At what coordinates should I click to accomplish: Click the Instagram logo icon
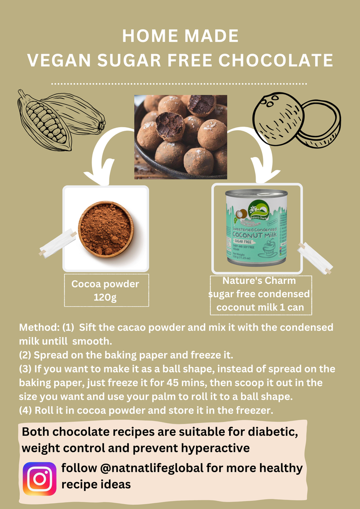(x=40, y=479)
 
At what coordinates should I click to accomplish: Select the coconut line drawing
(x=295, y=120)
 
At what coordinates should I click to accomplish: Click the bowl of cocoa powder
(x=106, y=229)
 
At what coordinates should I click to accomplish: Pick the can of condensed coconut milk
(x=256, y=227)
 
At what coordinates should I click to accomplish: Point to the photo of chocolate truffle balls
(x=180, y=137)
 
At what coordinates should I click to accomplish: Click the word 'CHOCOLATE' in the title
(x=276, y=61)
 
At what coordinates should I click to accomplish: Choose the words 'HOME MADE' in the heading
(x=180, y=36)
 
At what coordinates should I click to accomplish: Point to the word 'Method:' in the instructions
(x=39, y=328)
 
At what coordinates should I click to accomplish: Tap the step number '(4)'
(x=28, y=411)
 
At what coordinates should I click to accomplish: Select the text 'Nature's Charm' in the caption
(x=259, y=281)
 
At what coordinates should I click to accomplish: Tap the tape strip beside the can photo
(x=315, y=258)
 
